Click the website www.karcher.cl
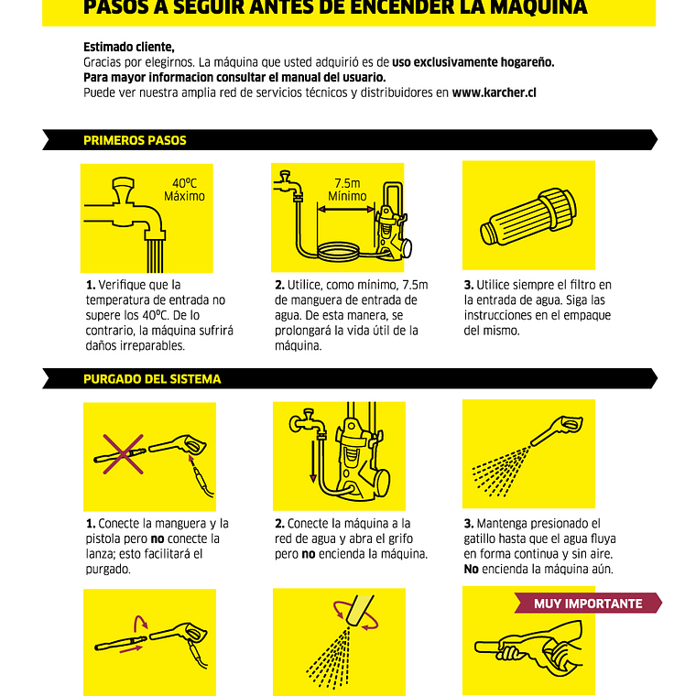point(494,92)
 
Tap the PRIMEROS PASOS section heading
point(135,140)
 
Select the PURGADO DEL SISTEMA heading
point(152,379)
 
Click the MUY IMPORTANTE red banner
point(588,604)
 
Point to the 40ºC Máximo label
point(184,190)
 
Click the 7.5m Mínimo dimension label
point(347,190)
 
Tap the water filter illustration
point(528,216)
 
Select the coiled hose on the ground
point(338,251)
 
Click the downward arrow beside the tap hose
point(313,462)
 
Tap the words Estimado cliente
point(129,47)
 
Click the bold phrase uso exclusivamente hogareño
point(473,62)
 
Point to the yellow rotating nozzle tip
point(360,610)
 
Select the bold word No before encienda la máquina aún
point(471,569)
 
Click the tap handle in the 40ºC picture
point(123,190)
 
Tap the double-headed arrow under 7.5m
point(347,209)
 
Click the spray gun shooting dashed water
point(556,430)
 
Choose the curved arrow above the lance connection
point(141,623)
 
